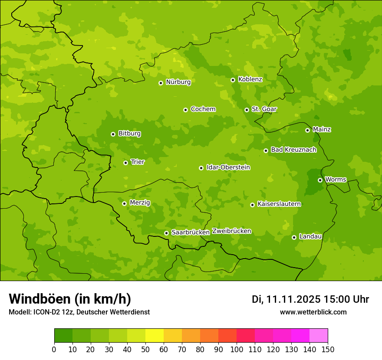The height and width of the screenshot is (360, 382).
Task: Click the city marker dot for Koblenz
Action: click(x=233, y=80)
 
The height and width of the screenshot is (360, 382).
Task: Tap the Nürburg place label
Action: click(x=178, y=82)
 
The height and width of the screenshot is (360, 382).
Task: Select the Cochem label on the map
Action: click(x=203, y=109)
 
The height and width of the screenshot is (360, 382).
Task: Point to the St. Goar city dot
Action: click(x=247, y=110)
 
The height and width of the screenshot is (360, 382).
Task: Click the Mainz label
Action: click(x=322, y=129)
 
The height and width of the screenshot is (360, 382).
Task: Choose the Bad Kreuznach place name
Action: click(x=293, y=150)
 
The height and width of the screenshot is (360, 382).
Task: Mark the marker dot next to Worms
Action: click(x=320, y=180)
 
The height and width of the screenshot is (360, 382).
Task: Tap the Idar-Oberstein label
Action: click(x=228, y=167)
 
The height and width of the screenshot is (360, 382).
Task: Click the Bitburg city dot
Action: click(x=113, y=134)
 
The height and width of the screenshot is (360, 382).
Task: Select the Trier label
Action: click(x=138, y=162)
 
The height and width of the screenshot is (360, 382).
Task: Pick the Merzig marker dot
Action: click(x=124, y=203)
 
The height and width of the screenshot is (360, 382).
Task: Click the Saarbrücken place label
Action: click(x=190, y=232)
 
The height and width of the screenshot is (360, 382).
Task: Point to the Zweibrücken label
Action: click(x=231, y=231)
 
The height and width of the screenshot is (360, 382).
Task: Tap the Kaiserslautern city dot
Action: click(x=252, y=205)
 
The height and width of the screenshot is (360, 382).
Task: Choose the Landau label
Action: click(x=310, y=236)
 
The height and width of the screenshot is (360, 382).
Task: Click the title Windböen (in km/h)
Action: click(x=69, y=299)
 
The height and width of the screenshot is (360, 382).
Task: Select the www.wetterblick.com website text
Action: click(x=313, y=312)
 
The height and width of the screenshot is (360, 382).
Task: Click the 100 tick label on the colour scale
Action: click(x=236, y=349)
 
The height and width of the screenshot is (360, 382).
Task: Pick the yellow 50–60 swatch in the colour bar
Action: click(x=154, y=336)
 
